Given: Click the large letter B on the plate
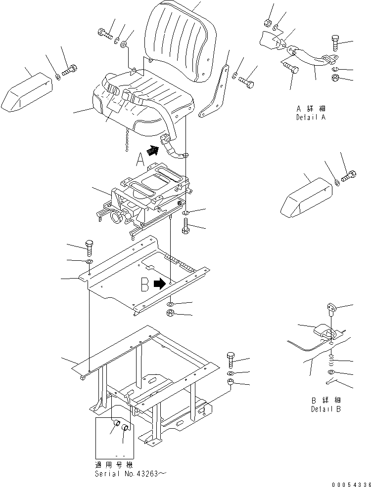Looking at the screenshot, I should pos(145,284).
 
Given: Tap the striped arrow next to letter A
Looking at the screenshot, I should pos(154,150).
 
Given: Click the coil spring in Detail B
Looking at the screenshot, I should pos(332,357).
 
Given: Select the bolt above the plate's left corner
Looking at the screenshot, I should pos(90,246).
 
